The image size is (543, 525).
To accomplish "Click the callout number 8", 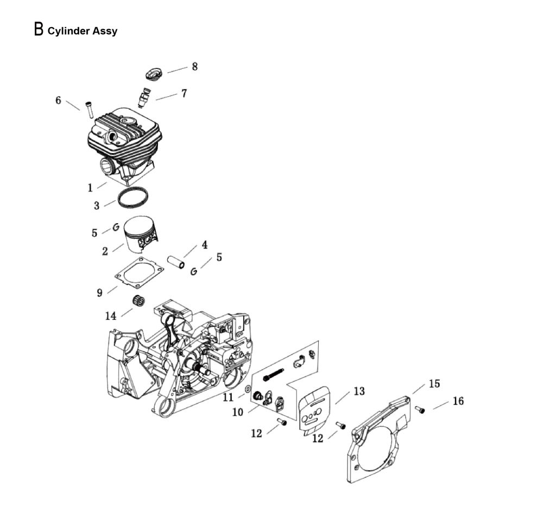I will click(x=194, y=67).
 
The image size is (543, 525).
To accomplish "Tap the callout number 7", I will click(x=184, y=93).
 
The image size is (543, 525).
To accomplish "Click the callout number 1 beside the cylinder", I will click(x=90, y=188).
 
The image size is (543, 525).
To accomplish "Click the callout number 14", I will click(x=111, y=316).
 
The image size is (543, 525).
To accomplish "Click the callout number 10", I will click(x=238, y=412).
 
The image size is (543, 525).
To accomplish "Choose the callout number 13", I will click(x=359, y=391).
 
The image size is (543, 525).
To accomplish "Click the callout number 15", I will click(x=434, y=383).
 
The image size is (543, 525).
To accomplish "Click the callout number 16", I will click(x=458, y=401).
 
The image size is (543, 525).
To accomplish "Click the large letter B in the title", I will click(x=39, y=29).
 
